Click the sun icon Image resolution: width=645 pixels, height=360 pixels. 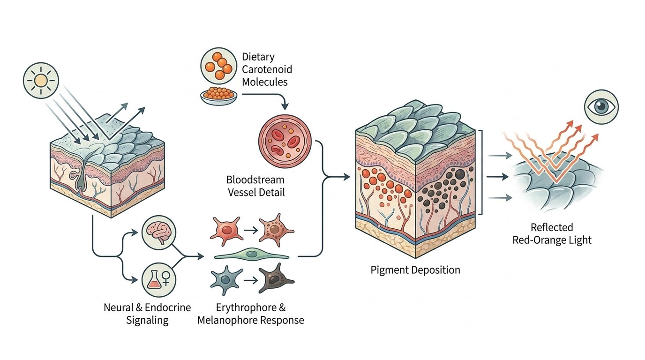[x=41, y=80]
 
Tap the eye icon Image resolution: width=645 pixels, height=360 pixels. [x=601, y=107]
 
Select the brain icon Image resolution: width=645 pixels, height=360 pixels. [x=159, y=232]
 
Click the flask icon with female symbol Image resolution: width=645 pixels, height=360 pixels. [x=159, y=280]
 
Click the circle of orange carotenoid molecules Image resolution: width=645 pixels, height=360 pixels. [x=219, y=66]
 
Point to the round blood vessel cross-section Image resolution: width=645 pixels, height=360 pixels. [x=285, y=142]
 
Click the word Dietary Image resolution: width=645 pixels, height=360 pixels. [x=258, y=57]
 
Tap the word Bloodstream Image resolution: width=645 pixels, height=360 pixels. [x=255, y=180]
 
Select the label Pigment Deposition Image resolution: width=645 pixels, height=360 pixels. [x=415, y=270]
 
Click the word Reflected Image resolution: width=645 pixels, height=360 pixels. [x=552, y=227]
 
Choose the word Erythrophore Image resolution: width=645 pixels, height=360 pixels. [x=246, y=307]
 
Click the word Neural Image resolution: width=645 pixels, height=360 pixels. [x=118, y=307]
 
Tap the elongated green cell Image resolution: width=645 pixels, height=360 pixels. [x=252, y=255]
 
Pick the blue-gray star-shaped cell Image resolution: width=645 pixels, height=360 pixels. [x=225, y=280]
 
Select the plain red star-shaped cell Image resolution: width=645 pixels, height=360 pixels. [x=226, y=231]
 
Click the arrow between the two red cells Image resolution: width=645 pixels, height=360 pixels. [x=250, y=231]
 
